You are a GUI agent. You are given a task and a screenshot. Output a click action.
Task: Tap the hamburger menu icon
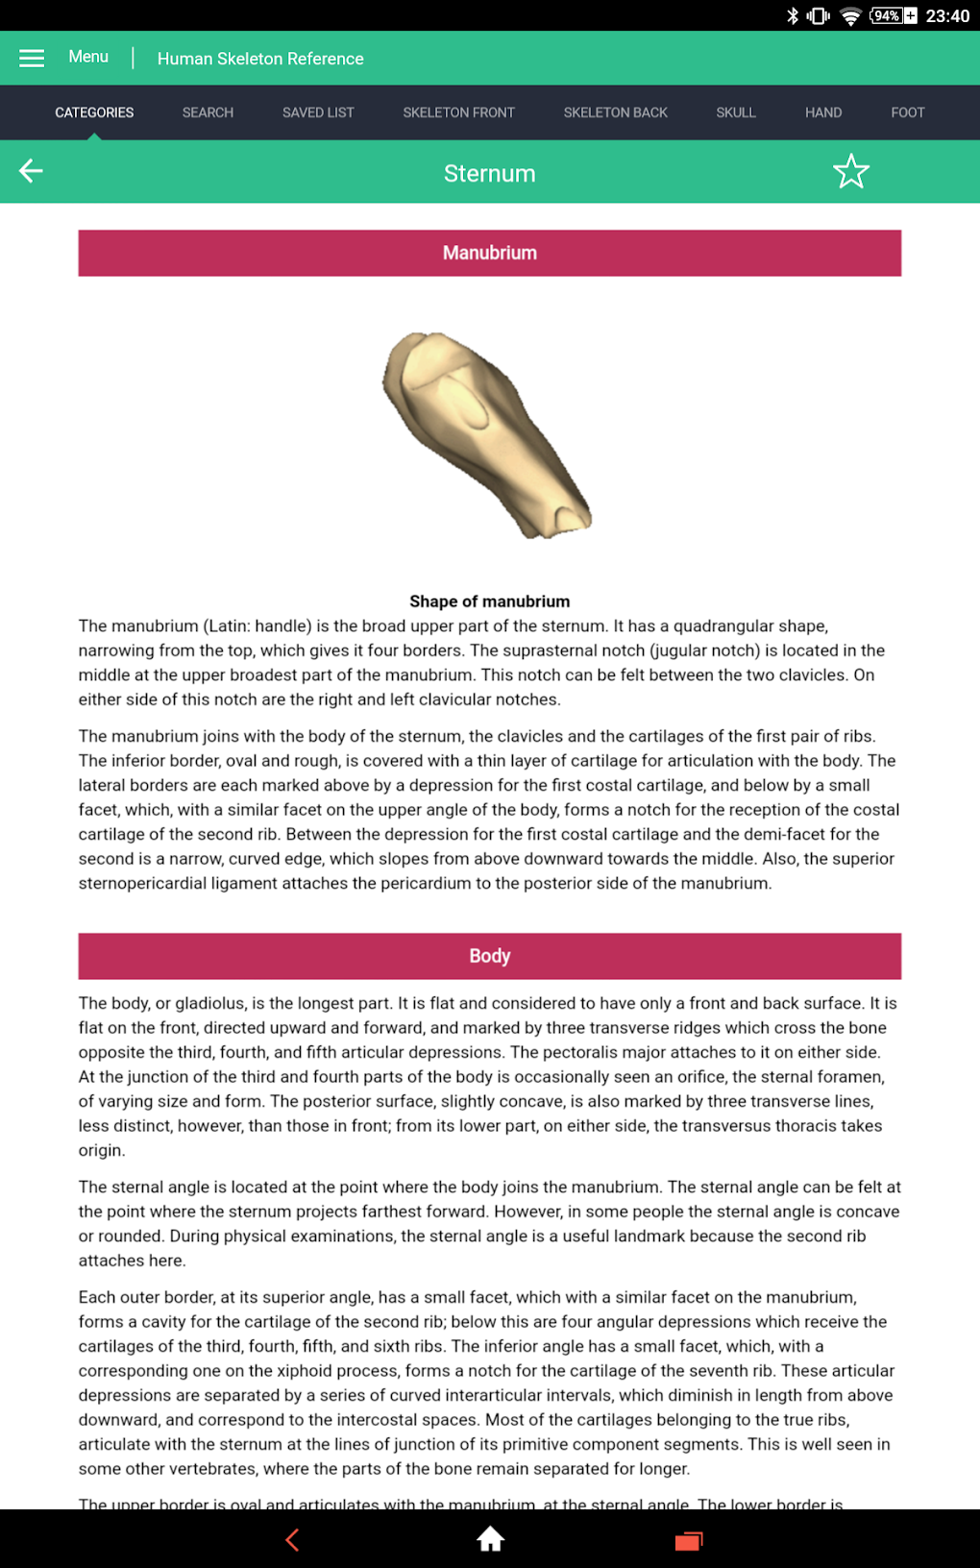pyautogui.click(x=32, y=58)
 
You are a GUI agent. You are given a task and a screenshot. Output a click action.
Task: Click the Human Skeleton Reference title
pyautogui.click(x=260, y=59)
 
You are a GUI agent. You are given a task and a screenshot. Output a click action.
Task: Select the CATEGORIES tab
pyautogui.click(x=94, y=112)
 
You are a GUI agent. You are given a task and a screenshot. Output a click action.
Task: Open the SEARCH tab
pyautogui.click(x=208, y=112)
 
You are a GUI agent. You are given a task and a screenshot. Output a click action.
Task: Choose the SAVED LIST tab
pyautogui.click(x=318, y=112)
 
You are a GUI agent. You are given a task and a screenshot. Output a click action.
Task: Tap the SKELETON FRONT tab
pyautogui.click(x=458, y=112)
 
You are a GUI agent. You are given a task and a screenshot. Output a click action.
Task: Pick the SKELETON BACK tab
pyautogui.click(x=615, y=112)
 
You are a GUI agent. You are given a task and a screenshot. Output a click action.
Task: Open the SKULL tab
pyautogui.click(x=736, y=112)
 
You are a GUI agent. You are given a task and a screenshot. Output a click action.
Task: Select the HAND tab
pyautogui.click(x=823, y=112)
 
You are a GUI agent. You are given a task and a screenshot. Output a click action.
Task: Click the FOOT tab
pyautogui.click(x=907, y=112)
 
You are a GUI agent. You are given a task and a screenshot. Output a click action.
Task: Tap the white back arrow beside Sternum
pyautogui.click(x=31, y=171)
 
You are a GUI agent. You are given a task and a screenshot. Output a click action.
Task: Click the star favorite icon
pyautogui.click(x=850, y=172)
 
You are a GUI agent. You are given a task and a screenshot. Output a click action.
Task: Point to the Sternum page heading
pyautogui.click(x=489, y=174)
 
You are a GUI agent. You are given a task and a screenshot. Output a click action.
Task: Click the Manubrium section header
pyautogui.click(x=489, y=253)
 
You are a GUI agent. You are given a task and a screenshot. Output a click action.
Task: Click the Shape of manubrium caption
pyautogui.click(x=489, y=601)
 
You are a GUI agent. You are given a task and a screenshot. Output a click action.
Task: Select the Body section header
pyautogui.click(x=489, y=956)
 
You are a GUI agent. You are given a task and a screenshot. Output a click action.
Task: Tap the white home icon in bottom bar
pyautogui.click(x=490, y=1539)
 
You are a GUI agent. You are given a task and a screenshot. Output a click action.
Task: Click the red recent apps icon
pyautogui.click(x=688, y=1540)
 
